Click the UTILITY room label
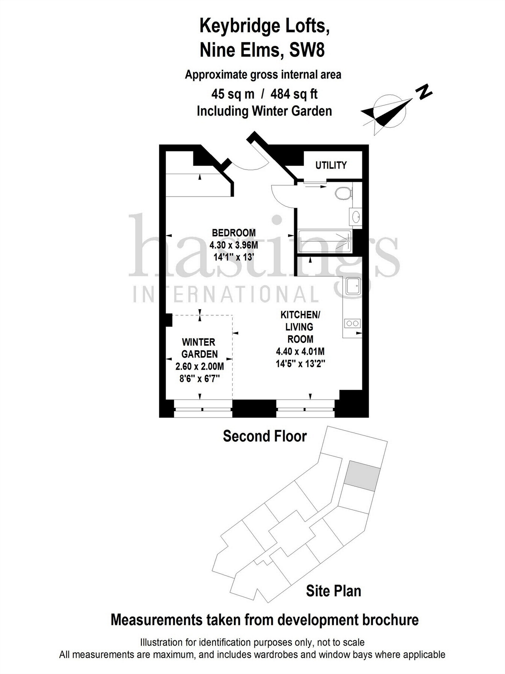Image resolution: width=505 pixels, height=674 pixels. tap(331, 165)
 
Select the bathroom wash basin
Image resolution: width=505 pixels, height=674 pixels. tap(356, 216)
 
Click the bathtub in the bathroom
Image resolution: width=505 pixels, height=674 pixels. tap(324, 241)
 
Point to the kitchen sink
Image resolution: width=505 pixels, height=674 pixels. tap(353, 286)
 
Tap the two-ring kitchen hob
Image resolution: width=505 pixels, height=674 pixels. tap(352, 323)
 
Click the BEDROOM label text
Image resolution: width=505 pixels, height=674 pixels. tap(234, 233)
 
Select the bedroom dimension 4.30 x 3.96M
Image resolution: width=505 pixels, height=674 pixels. tap(234, 245)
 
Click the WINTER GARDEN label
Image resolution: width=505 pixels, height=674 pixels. tap(199, 348)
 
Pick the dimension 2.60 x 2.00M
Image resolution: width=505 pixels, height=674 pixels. tap(200, 367)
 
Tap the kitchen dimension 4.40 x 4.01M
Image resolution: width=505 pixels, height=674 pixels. tap(300, 352)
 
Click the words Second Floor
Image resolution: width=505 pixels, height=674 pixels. tap(264, 436)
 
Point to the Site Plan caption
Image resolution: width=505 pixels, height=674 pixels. tap(333, 591)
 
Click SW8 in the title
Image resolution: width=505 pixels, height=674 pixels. tap(307, 50)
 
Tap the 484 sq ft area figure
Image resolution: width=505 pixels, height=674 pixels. tap(294, 94)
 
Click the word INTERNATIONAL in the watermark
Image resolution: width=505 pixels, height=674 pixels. tap(226, 294)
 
